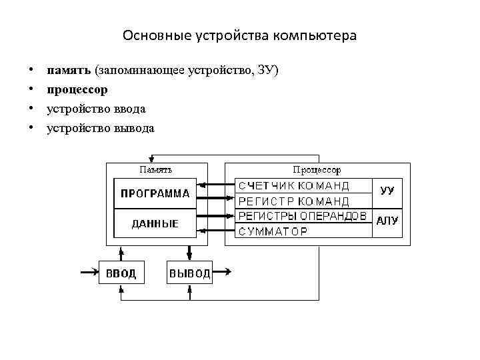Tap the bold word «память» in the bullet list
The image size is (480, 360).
coord(69,70)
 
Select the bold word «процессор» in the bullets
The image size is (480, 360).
coord(77,89)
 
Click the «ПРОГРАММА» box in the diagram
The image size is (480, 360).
coord(155,194)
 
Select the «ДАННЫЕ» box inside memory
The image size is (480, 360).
coord(155,224)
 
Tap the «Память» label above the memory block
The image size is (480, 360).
coord(155,170)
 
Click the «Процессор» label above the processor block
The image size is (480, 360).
coord(317,170)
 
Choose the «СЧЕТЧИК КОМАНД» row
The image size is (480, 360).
coord(294,186)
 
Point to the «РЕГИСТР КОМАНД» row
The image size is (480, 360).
coord(294,201)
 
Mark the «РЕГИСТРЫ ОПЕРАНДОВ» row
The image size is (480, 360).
coord(302,216)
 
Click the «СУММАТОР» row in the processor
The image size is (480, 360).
coord(273,231)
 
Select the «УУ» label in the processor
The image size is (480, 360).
coord(387,190)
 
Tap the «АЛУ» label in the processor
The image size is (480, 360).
coord(387,221)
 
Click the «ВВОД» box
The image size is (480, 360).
coord(121,273)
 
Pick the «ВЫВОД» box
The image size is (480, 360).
coord(189,273)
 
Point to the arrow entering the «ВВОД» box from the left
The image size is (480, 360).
coord(89,271)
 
